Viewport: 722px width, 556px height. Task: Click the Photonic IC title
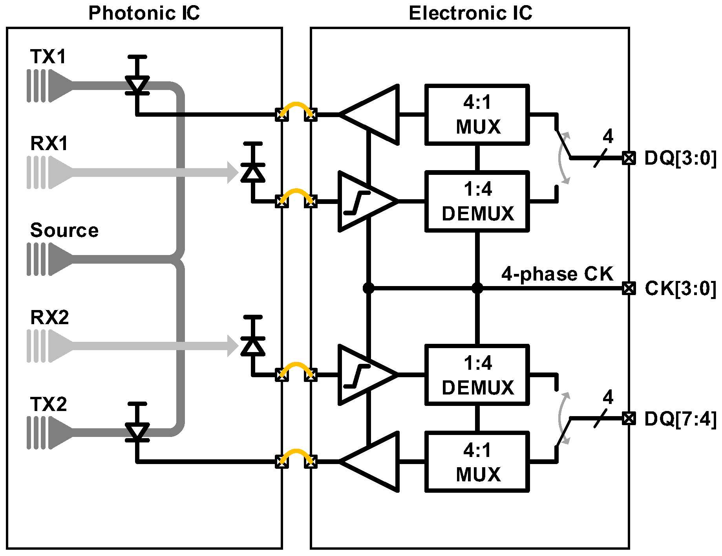click(144, 13)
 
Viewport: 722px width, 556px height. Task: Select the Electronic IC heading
click(470, 13)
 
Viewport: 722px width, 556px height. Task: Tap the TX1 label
click(48, 57)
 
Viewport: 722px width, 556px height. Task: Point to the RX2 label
click(49, 317)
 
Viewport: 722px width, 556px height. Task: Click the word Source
click(64, 230)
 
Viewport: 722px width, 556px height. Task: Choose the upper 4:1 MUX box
click(477, 115)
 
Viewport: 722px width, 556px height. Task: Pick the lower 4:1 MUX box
click(477, 462)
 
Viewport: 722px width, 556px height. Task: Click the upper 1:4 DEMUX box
click(477, 202)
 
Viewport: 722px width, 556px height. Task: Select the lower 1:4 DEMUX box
click(477, 375)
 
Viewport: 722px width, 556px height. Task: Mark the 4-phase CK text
click(557, 274)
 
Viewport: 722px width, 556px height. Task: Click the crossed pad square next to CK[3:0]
click(629, 289)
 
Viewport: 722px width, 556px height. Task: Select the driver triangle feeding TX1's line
click(369, 115)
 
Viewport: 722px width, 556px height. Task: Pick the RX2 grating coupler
click(50, 346)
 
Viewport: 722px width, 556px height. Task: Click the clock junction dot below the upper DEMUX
click(477, 289)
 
